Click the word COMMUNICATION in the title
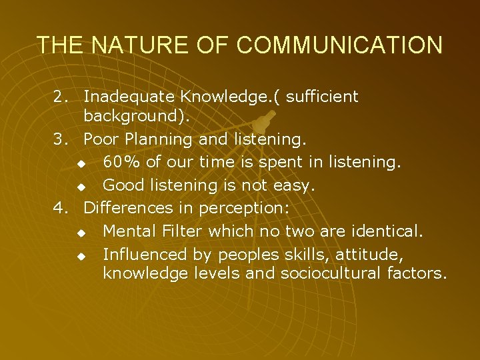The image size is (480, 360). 339,45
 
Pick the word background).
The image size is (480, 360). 137,117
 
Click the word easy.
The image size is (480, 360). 295,185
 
